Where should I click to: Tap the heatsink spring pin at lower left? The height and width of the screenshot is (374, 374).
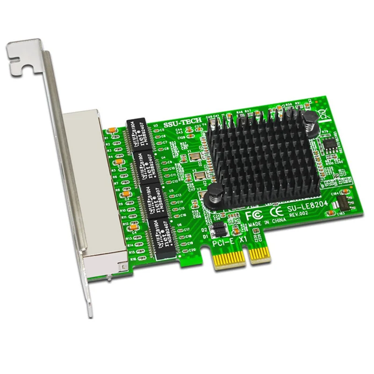point(215,191)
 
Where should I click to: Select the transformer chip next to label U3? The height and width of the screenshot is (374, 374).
point(138,134)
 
